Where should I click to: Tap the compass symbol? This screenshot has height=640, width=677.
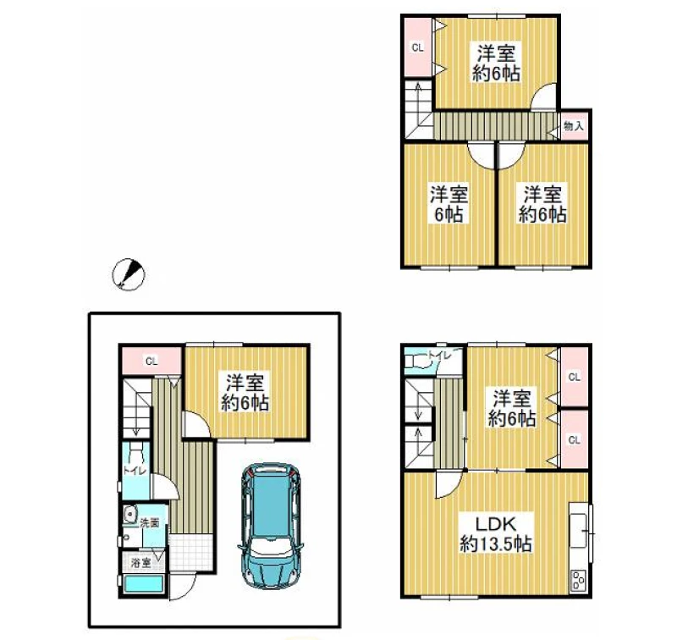pyautogui.click(x=128, y=274)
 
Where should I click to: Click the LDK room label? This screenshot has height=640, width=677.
pyautogui.click(x=495, y=524)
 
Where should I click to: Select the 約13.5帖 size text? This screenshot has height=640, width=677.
pyautogui.click(x=495, y=543)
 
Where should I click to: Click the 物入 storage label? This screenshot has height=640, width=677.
pyautogui.click(x=574, y=126)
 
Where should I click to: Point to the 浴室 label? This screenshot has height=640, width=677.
pyautogui.click(x=140, y=563)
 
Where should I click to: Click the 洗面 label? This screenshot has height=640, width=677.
pyautogui.click(x=150, y=523)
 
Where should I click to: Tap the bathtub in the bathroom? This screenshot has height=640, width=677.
pyautogui.click(x=144, y=585)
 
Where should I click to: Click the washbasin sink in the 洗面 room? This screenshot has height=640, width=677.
pyautogui.click(x=129, y=514)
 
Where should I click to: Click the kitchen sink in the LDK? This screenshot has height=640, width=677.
pyautogui.click(x=579, y=530)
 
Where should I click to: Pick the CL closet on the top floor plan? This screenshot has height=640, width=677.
pyautogui.click(x=418, y=47)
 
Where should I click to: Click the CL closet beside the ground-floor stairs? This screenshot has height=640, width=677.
pyautogui.click(x=151, y=361)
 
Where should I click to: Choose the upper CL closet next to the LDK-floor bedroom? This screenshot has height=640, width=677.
pyautogui.click(x=574, y=377)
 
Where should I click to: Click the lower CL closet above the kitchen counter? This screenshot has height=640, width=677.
pyautogui.click(x=574, y=439)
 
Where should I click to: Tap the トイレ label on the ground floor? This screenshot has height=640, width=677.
pyautogui.click(x=135, y=471)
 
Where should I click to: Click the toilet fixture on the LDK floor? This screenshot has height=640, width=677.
pyautogui.click(x=417, y=361)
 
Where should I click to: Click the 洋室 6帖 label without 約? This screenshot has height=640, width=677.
pyautogui.click(x=449, y=204)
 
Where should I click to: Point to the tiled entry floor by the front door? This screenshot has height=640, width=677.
pyautogui.click(x=190, y=551)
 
